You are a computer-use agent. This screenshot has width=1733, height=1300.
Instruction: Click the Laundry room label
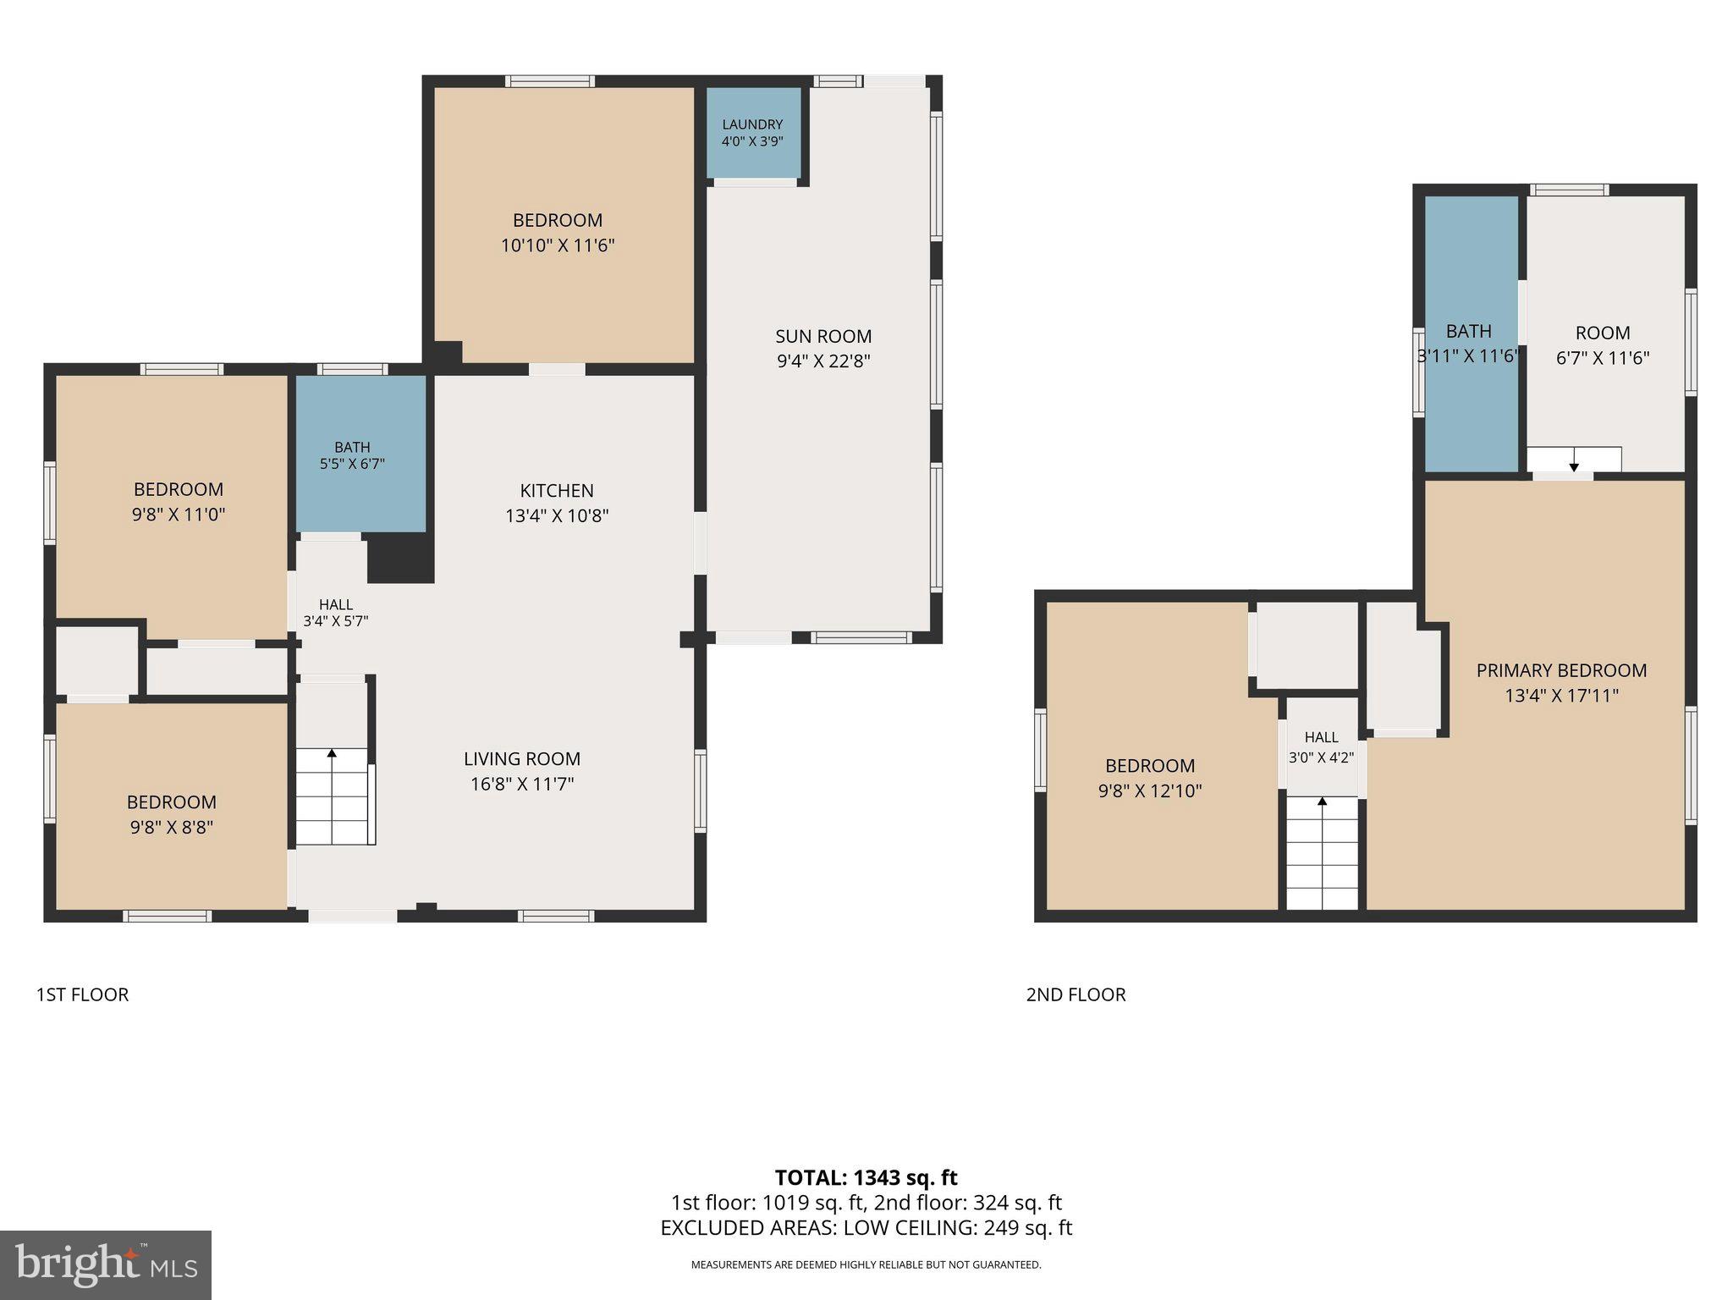click(x=752, y=124)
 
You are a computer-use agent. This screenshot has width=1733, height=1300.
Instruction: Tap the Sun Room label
click(x=823, y=336)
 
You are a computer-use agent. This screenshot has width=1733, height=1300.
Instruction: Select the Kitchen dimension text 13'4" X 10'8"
click(x=557, y=515)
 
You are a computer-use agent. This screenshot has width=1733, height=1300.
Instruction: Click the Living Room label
click(x=522, y=759)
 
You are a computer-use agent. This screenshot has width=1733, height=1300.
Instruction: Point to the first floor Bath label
click(x=352, y=447)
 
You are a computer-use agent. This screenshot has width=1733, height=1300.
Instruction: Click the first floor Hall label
click(x=336, y=604)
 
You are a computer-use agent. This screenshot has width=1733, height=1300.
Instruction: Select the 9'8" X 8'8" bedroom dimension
click(x=172, y=827)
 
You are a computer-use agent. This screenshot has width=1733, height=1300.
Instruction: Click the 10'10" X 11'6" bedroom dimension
click(x=557, y=245)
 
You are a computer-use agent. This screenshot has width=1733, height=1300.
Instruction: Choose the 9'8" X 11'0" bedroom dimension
click(x=179, y=514)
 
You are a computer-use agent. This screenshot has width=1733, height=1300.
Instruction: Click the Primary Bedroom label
click(x=1562, y=670)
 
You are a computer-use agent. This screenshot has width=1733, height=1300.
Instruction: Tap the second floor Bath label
click(x=1469, y=331)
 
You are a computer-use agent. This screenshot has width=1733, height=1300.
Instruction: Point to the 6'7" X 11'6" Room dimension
click(x=1603, y=358)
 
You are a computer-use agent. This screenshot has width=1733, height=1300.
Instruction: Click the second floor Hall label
click(x=1322, y=737)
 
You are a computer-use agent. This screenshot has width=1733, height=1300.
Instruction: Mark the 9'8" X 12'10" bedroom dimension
click(x=1150, y=791)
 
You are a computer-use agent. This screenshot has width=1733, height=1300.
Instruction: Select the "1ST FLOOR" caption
click(x=82, y=994)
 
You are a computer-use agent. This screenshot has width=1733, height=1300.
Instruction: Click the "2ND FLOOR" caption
click(x=1076, y=994)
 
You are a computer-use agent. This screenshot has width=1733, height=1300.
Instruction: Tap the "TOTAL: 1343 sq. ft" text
click(x=866, y=1177)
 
